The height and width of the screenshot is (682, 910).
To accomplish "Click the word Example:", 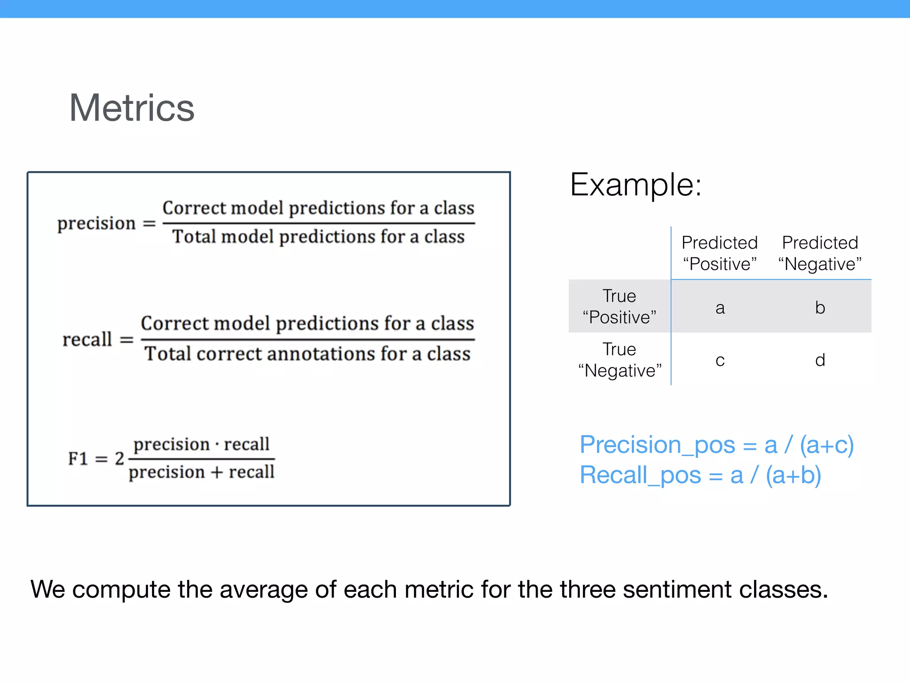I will tap(635, 185).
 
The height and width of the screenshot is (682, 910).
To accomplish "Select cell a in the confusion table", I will tap(720, 308).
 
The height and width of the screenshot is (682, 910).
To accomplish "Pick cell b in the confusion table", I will tap(820, 308).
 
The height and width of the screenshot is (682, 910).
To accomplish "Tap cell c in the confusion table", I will tap(720, 360).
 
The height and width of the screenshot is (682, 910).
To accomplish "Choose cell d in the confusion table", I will tap(820, 360).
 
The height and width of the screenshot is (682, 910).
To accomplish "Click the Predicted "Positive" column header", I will tap(719, 253).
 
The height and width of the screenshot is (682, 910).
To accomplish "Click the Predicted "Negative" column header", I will tap(820, 253).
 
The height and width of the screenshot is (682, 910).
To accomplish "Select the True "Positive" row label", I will tap(619, 306).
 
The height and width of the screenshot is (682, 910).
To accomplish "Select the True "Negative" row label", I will tap(619, 360).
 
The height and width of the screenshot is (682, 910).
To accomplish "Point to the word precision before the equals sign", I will tap(96, 223).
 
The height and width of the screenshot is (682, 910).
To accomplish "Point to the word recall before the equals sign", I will tap(87, 340).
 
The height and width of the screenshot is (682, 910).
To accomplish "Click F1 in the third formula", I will tap(78, 459).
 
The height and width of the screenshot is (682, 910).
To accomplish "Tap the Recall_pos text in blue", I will tap(640, 475).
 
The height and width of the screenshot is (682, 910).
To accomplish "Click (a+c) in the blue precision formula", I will tap(826, 445).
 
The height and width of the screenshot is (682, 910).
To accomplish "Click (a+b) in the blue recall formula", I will tap(793, 475).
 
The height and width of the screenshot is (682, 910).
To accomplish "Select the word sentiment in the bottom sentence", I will tap(677, 590).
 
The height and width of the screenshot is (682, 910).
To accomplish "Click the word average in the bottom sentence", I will tap(263, 590).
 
